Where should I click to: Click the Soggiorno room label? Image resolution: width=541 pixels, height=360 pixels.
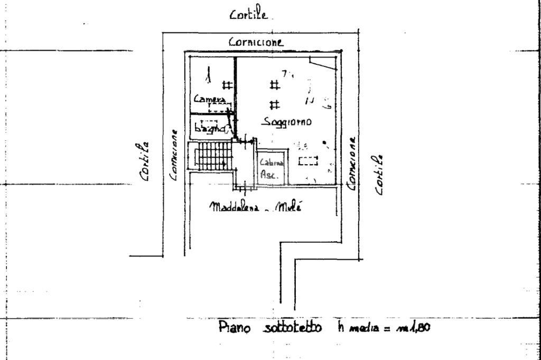click(287, 122)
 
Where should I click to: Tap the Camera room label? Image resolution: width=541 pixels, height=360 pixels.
click(210, 99)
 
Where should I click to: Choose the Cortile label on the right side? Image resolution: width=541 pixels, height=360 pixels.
click(379, 174)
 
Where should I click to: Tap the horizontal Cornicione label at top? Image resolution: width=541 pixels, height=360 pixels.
click(256, 42)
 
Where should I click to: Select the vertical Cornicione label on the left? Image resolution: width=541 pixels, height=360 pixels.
click(173, 156)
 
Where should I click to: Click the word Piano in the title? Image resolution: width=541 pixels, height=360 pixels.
click(232, 328)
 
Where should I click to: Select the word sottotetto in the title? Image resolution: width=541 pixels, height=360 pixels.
click(291, 328)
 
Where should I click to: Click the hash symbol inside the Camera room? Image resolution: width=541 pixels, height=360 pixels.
click(227, 84)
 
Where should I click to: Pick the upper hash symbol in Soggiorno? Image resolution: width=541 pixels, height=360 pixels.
click(274, 84)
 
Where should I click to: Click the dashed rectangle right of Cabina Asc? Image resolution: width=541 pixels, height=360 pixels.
click(308, 161)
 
